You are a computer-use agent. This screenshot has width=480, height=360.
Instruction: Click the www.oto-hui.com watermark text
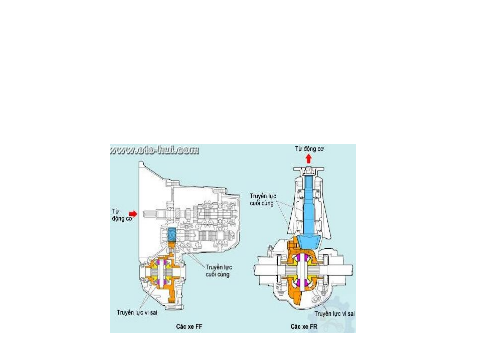155,150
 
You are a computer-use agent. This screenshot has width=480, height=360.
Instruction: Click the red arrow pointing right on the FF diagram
133,213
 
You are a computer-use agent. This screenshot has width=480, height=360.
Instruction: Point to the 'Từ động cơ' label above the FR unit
309,149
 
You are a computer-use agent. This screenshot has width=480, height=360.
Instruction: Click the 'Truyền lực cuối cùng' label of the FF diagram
219,271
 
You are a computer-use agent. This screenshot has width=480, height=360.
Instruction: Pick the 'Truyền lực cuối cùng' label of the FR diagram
263,200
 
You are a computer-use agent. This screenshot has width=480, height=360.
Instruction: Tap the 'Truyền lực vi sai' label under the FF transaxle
137,312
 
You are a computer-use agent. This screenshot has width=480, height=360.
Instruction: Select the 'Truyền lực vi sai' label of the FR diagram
334,314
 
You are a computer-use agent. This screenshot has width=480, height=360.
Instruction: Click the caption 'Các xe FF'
189,326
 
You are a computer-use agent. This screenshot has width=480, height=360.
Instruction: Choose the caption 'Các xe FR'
304,326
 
